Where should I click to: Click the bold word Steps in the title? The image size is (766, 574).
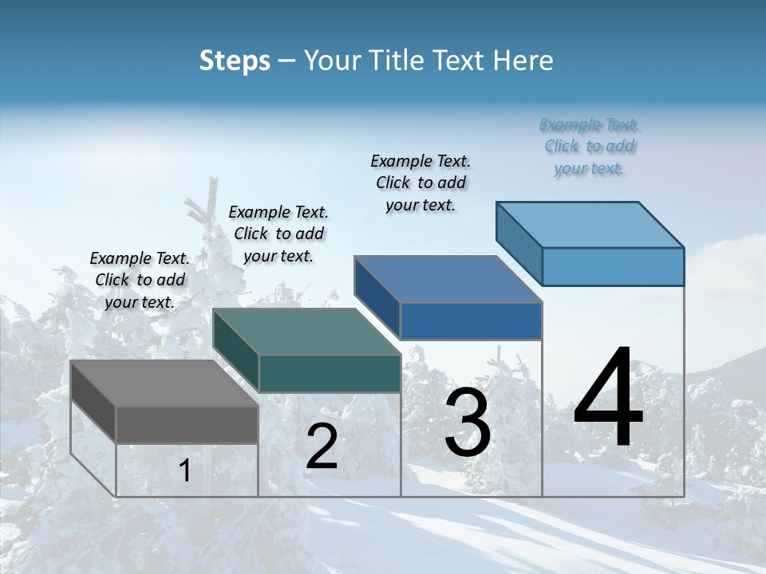pyautogui.click(x=235, y=61)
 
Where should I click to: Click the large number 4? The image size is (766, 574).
pyautogui.click(x=608, y=399)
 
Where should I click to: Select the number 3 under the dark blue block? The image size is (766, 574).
pyautogui.click(x=468, y=423)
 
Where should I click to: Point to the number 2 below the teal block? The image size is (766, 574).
pyautogui.click(x=322, y=446)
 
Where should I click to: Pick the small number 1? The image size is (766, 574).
pyautogui.click(x=184, y=471)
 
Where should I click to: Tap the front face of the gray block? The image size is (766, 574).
pyautogui.click(x=187, y=424)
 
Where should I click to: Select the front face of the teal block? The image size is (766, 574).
pyautogui.click(x=330, y=373)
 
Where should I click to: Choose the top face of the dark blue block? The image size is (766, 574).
pyautogui.click(x=448, y=279)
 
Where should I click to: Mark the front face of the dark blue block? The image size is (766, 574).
pyautogui.click(x=471, y=320)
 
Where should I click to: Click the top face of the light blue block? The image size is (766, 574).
pyautogui.click(x=590, y=225)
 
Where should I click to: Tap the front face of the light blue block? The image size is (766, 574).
pyautogui.click(x=613, y=266)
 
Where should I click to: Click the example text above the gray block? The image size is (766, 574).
pyautogui.click(x=140, y=280)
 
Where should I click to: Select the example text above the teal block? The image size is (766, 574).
pyautogui.click(x=278, y=234)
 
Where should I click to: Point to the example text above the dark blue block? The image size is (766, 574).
pyautogui.click(x=421, y=183)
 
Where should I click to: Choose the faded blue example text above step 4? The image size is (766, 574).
pyautogui.click(x=589, y=146)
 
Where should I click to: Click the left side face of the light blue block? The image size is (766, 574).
pyautogui.click(x=519, y=243)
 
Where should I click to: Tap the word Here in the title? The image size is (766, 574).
pyautogui.click(x=523, y=61)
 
